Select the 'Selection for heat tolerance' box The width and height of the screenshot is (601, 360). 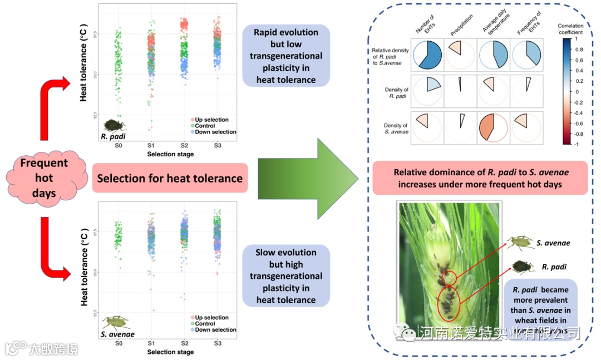170,179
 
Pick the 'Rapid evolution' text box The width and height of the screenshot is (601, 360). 286,56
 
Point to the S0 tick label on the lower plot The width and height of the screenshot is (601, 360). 119,344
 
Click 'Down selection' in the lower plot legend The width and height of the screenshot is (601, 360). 215,330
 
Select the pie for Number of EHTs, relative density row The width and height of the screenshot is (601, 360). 426,54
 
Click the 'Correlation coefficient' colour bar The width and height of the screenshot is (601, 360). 567,91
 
